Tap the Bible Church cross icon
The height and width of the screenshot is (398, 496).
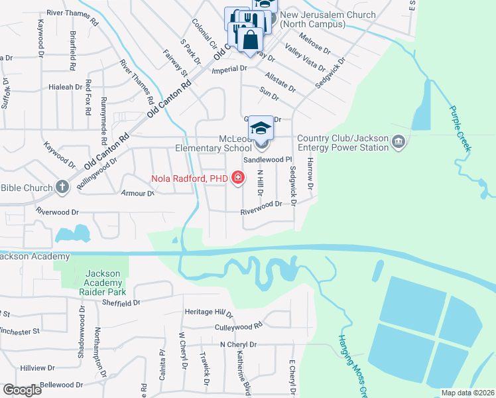[62, 187]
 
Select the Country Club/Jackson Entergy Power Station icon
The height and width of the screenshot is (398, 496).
[399, 142]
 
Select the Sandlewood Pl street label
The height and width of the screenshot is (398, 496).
[268, 160]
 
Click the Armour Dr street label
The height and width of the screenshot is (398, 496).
[137, 194]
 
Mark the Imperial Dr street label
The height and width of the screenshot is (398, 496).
[229, 68]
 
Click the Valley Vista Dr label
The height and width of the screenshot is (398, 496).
[305, 58]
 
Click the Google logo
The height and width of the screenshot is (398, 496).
[22, 390]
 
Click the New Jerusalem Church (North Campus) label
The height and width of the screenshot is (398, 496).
[318, 19]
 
